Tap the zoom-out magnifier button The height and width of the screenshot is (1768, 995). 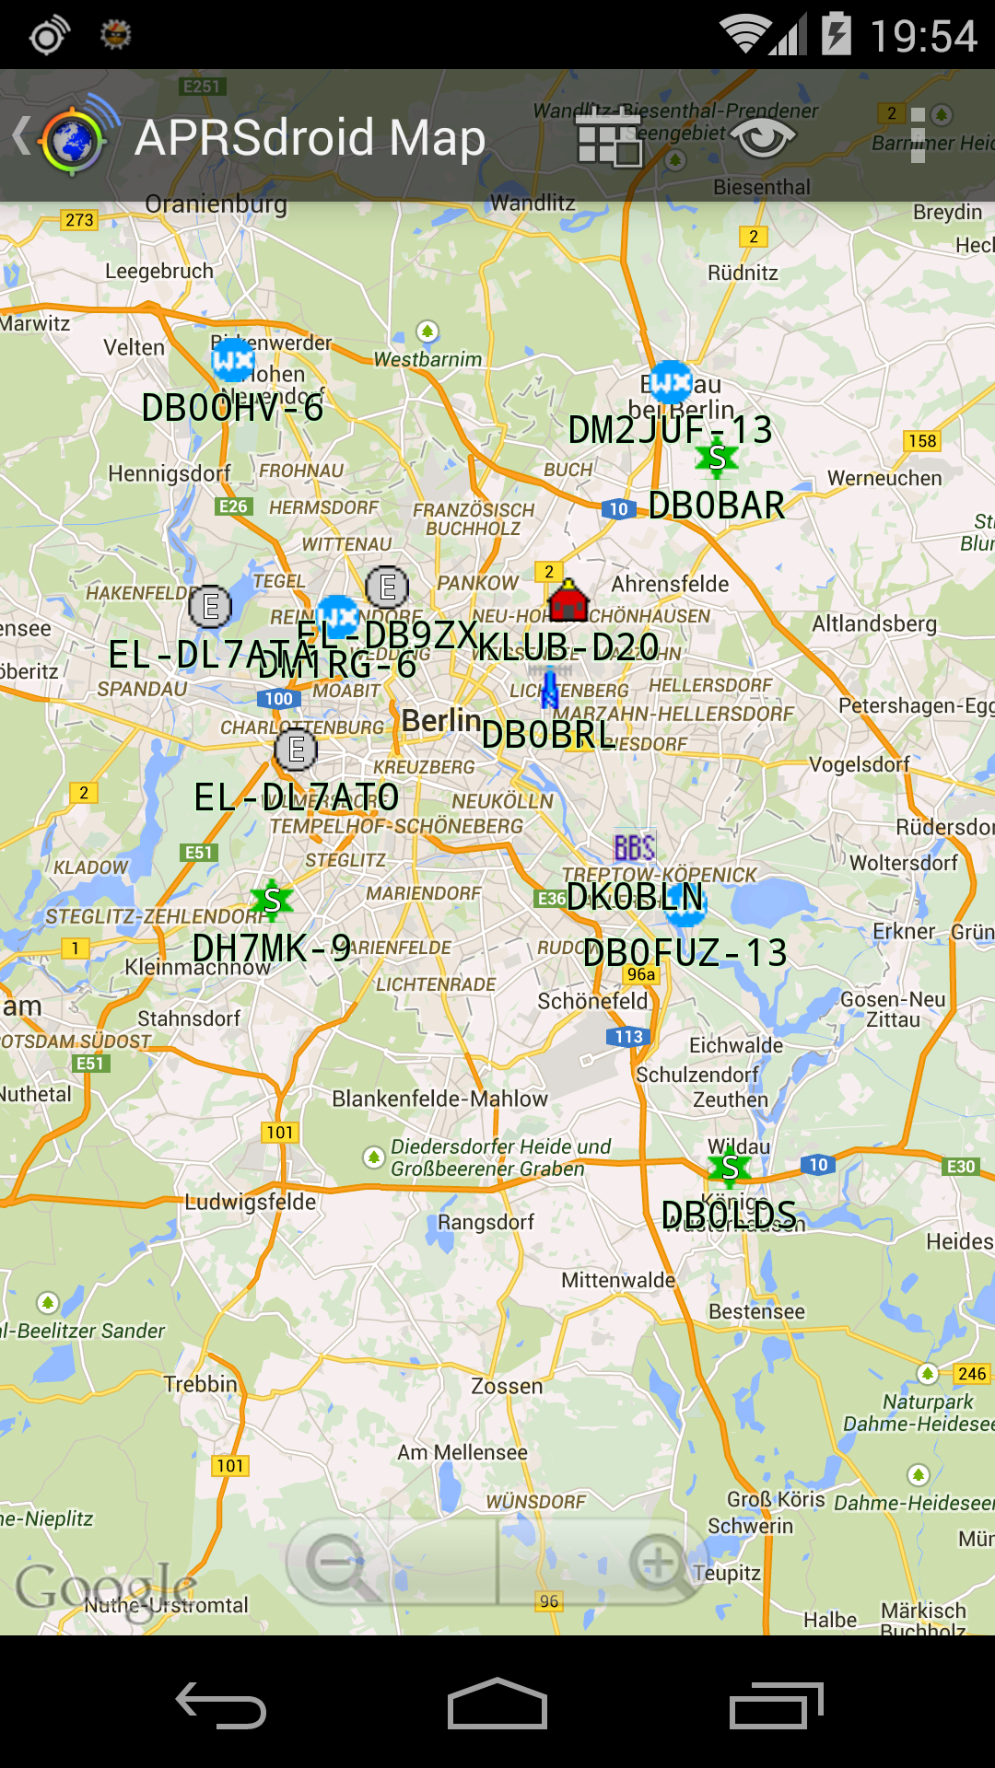tap(337, 1563)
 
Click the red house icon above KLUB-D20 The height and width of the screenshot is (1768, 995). tap(568, 601)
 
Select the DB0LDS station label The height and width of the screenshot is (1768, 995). tap(729, 1215)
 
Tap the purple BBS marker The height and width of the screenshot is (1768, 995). tap(635, 847)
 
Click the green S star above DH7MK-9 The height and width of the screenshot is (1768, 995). tap(272, 900)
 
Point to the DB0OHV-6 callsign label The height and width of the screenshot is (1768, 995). tap(232, 408)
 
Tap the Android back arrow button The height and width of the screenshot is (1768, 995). tap(221, 1705)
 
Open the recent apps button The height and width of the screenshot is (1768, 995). tap(776, 1705)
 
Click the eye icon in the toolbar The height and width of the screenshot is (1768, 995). tap(763, 138)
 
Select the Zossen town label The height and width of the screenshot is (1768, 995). tap(507, 1386)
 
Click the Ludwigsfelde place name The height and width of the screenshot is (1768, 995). tap(251, 1202)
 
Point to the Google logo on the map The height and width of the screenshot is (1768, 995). tap(105, 1586)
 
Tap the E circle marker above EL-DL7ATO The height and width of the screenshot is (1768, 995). tap(297, 750)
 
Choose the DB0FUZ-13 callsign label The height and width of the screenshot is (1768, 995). tap(685, 953)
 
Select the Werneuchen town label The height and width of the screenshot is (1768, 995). tap(884, 478)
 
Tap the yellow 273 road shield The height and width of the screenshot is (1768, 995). tap(79, 220)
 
